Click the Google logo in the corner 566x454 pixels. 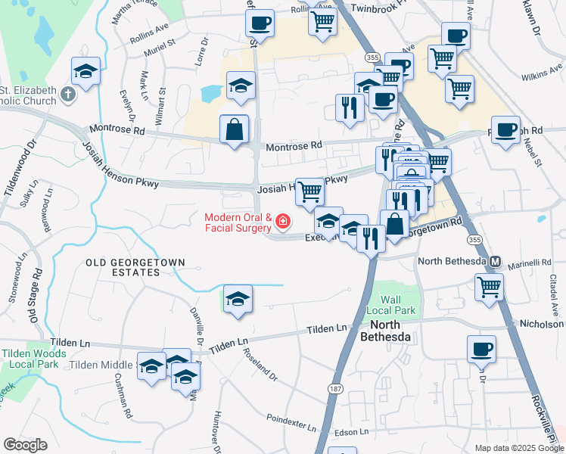[x=26, y=445]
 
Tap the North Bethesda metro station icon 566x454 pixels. [x=496, y=262]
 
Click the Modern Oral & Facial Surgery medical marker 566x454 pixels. [x=283, y=222]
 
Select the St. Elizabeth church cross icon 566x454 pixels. [x=68, y=95]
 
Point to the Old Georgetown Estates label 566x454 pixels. [x=135, y=267]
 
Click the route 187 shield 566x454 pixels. [x=334, y=387]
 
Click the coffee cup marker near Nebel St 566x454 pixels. [x=505, y=129]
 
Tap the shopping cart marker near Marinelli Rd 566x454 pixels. [x=489, y=287]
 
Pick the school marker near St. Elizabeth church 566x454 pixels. [x=86, y=72]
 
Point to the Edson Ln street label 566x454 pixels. [x=351, y=431]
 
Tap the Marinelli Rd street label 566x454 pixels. [x=529, y=263]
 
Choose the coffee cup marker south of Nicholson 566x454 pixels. [x=481, y=349]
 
